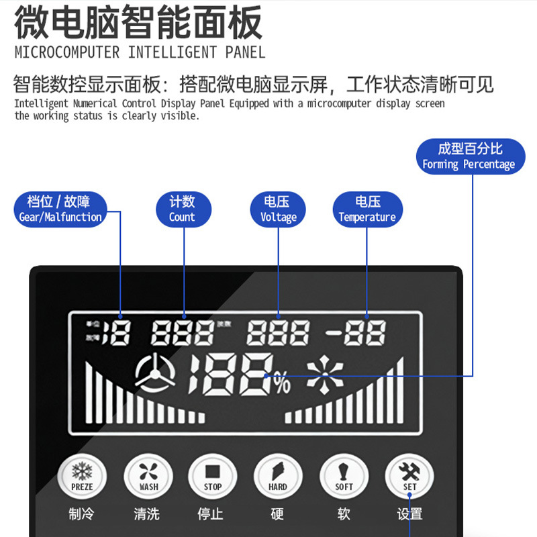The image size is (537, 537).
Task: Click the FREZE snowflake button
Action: pyautogui.click(x=82, y=476)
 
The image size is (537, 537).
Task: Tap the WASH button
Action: pyautogui.click(x=148, y=476)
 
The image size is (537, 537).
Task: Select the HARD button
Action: pyautogui.click(x=278, y=476)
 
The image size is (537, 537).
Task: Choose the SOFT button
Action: pyautogui.click(x=344, y=476)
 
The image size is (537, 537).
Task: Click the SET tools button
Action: pyautogui.click(x=409, y=476)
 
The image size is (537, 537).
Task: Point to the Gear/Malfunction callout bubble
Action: pyautogui.click(x=60, y=209)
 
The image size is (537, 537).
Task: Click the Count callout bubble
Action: pyautogui.click(x=182, y=209)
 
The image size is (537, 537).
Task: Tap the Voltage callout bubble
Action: pyautogui.click(x=278, y=209)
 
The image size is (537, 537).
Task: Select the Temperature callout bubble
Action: pyautogui.click(x=367, y=209)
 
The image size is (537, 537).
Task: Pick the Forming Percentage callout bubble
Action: pyautogui.click(x=469, y=156)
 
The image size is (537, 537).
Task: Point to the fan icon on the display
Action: pyautogui.click(x=155, y=374)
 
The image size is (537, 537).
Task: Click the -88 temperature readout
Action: pyautogui.click(x=356, y=332)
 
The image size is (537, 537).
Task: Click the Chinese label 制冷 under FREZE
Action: pyautogui.click(x=81, y=514)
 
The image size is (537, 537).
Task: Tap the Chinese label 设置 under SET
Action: pyautogui.click(x=409, y=514)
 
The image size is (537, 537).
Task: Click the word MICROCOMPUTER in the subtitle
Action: pyautogui.click(x=68, y=52)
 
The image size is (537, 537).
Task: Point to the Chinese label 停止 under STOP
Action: pyautogui.click(x=211, y=514)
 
